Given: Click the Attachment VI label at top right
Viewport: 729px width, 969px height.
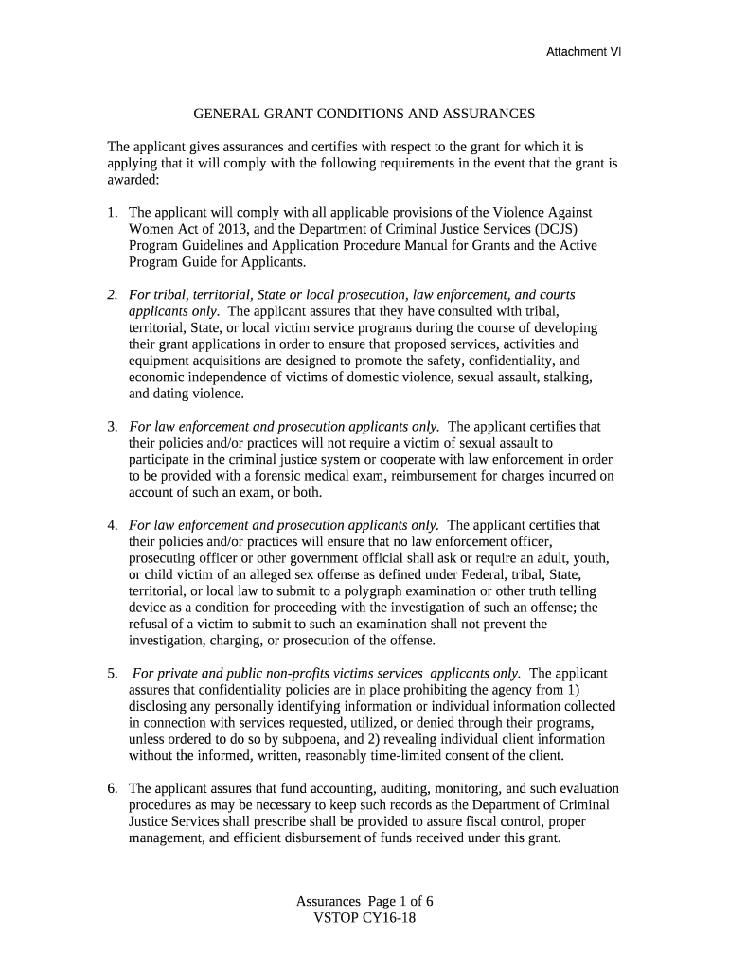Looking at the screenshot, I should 583,53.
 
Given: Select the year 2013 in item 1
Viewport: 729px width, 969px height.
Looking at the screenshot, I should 208,229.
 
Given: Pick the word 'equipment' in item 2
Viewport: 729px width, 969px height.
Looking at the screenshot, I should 157,361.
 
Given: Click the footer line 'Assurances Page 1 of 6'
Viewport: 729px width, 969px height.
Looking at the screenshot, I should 364,901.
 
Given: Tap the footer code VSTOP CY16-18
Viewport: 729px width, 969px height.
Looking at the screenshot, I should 364,918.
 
